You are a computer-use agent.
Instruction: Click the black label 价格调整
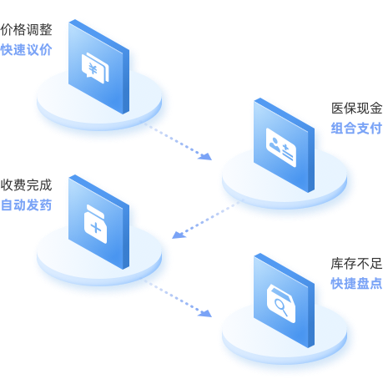click(x=26, y=30)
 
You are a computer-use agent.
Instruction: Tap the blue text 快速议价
click(x=26, y=50)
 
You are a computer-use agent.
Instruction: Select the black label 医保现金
click(x=356, y=109)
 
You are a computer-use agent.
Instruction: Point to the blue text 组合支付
click(x=356, y=129)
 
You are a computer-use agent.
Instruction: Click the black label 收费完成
click(x=26, y=185)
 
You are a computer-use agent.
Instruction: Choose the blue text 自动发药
click(x=26, y=205)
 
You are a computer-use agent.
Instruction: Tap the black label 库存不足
click(x=356, y=264)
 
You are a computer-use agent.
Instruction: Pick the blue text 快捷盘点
click(x=356, y=284)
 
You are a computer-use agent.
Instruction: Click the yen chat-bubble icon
click(x=95, y=68)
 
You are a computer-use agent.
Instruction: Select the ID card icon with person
click(x=281, y=147)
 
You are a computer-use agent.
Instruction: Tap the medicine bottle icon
click(x=95, y=224)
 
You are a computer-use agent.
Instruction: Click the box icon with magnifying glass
click(x=281, y=304)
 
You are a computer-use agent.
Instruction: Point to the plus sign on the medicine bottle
click(x=96, y=228)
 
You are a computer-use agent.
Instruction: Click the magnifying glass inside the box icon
click(x=281, y=306)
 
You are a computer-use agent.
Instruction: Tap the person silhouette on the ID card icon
click(x=275, y=144)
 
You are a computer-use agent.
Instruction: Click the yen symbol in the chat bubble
click(x=93, y=69)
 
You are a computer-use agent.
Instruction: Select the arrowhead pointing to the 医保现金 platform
click(x=205, y=156)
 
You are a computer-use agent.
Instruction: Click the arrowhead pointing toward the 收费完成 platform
click(x=179, y=235)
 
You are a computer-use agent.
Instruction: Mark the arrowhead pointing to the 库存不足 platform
click(x=205, y=313)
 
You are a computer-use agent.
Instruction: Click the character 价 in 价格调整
click(x=7, y=30)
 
